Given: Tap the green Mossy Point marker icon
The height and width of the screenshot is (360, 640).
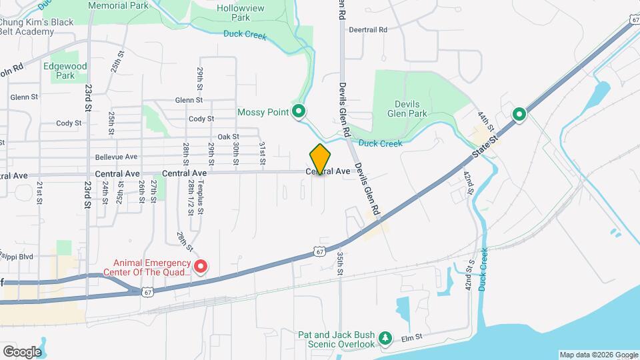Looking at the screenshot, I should point(299,112).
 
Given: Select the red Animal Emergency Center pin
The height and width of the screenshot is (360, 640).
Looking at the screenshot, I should point(201,267).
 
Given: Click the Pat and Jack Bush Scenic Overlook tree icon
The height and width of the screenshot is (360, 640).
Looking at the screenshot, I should point(385,339).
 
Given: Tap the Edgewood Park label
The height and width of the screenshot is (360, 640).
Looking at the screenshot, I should point(65,71).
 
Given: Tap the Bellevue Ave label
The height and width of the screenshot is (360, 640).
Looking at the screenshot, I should point(116,157).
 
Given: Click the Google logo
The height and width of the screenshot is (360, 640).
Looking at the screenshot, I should point(22,351).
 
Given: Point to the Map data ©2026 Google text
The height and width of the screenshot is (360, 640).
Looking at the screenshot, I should point(597,355).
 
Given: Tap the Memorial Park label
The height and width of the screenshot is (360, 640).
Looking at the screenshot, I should point(118,5).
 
